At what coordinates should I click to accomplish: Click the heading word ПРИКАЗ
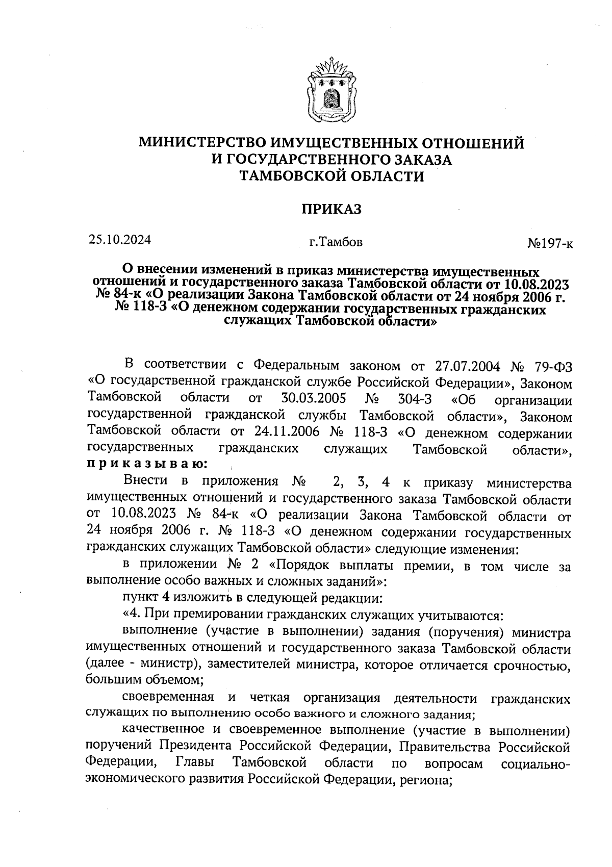click(x=331, y=209)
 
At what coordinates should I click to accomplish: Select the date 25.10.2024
click(x=119, y=239)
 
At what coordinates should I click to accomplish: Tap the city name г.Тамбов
click(x=332, y=242)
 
